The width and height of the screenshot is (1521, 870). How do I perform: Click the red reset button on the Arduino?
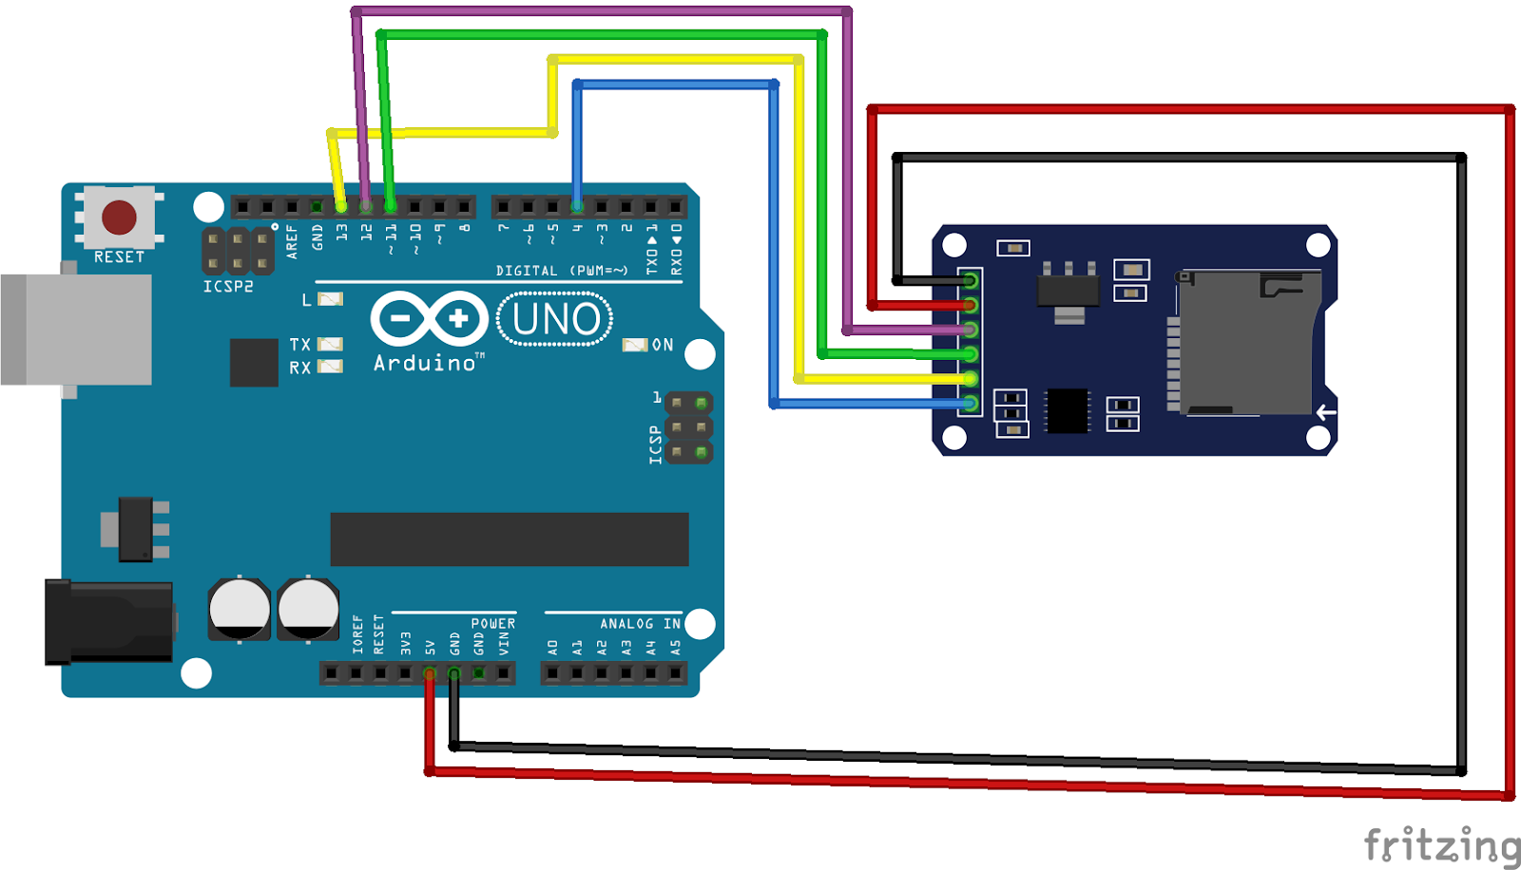(119, 217)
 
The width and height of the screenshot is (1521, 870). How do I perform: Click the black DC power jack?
(109, 622)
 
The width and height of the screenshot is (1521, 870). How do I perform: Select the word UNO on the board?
(556, 319)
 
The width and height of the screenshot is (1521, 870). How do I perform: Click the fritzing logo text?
(1441, 844)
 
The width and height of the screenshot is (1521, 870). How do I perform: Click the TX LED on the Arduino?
(330, 344)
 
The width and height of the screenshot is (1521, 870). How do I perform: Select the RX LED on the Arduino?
(330, 367)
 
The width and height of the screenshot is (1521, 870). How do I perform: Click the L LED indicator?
(330, 299)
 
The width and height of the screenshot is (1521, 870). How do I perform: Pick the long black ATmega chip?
(509, 539)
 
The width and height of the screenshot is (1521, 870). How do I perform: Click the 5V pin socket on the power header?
(430, 674)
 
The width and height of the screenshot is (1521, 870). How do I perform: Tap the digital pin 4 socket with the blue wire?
(577, 206)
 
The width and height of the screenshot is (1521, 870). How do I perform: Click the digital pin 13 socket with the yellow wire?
(341, 206)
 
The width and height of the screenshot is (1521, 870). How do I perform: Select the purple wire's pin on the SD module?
(970, 330)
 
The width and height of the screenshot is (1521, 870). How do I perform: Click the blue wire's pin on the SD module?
(970, 404)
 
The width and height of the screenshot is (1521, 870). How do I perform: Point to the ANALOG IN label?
(640, 624)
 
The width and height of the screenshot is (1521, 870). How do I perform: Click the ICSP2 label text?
(228, 286)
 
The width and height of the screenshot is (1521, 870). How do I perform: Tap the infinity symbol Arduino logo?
(429, 318)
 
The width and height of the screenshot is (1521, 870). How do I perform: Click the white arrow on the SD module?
(1326, 412)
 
